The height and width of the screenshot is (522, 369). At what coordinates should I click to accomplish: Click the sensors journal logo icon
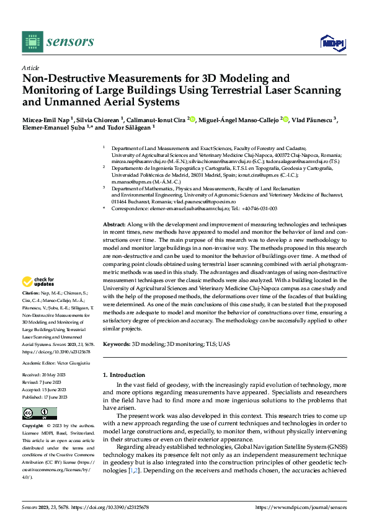tap(32, 42)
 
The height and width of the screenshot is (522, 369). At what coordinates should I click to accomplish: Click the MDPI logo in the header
tap(332, 42)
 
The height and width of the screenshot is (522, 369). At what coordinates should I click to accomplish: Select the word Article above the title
tap(30, 68)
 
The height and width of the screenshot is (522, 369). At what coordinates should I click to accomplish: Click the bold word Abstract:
tap(115, 224)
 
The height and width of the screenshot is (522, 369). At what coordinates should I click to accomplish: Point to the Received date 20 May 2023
tap(55, 376)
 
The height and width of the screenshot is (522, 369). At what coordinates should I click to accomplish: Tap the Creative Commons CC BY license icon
tap(39, 413)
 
